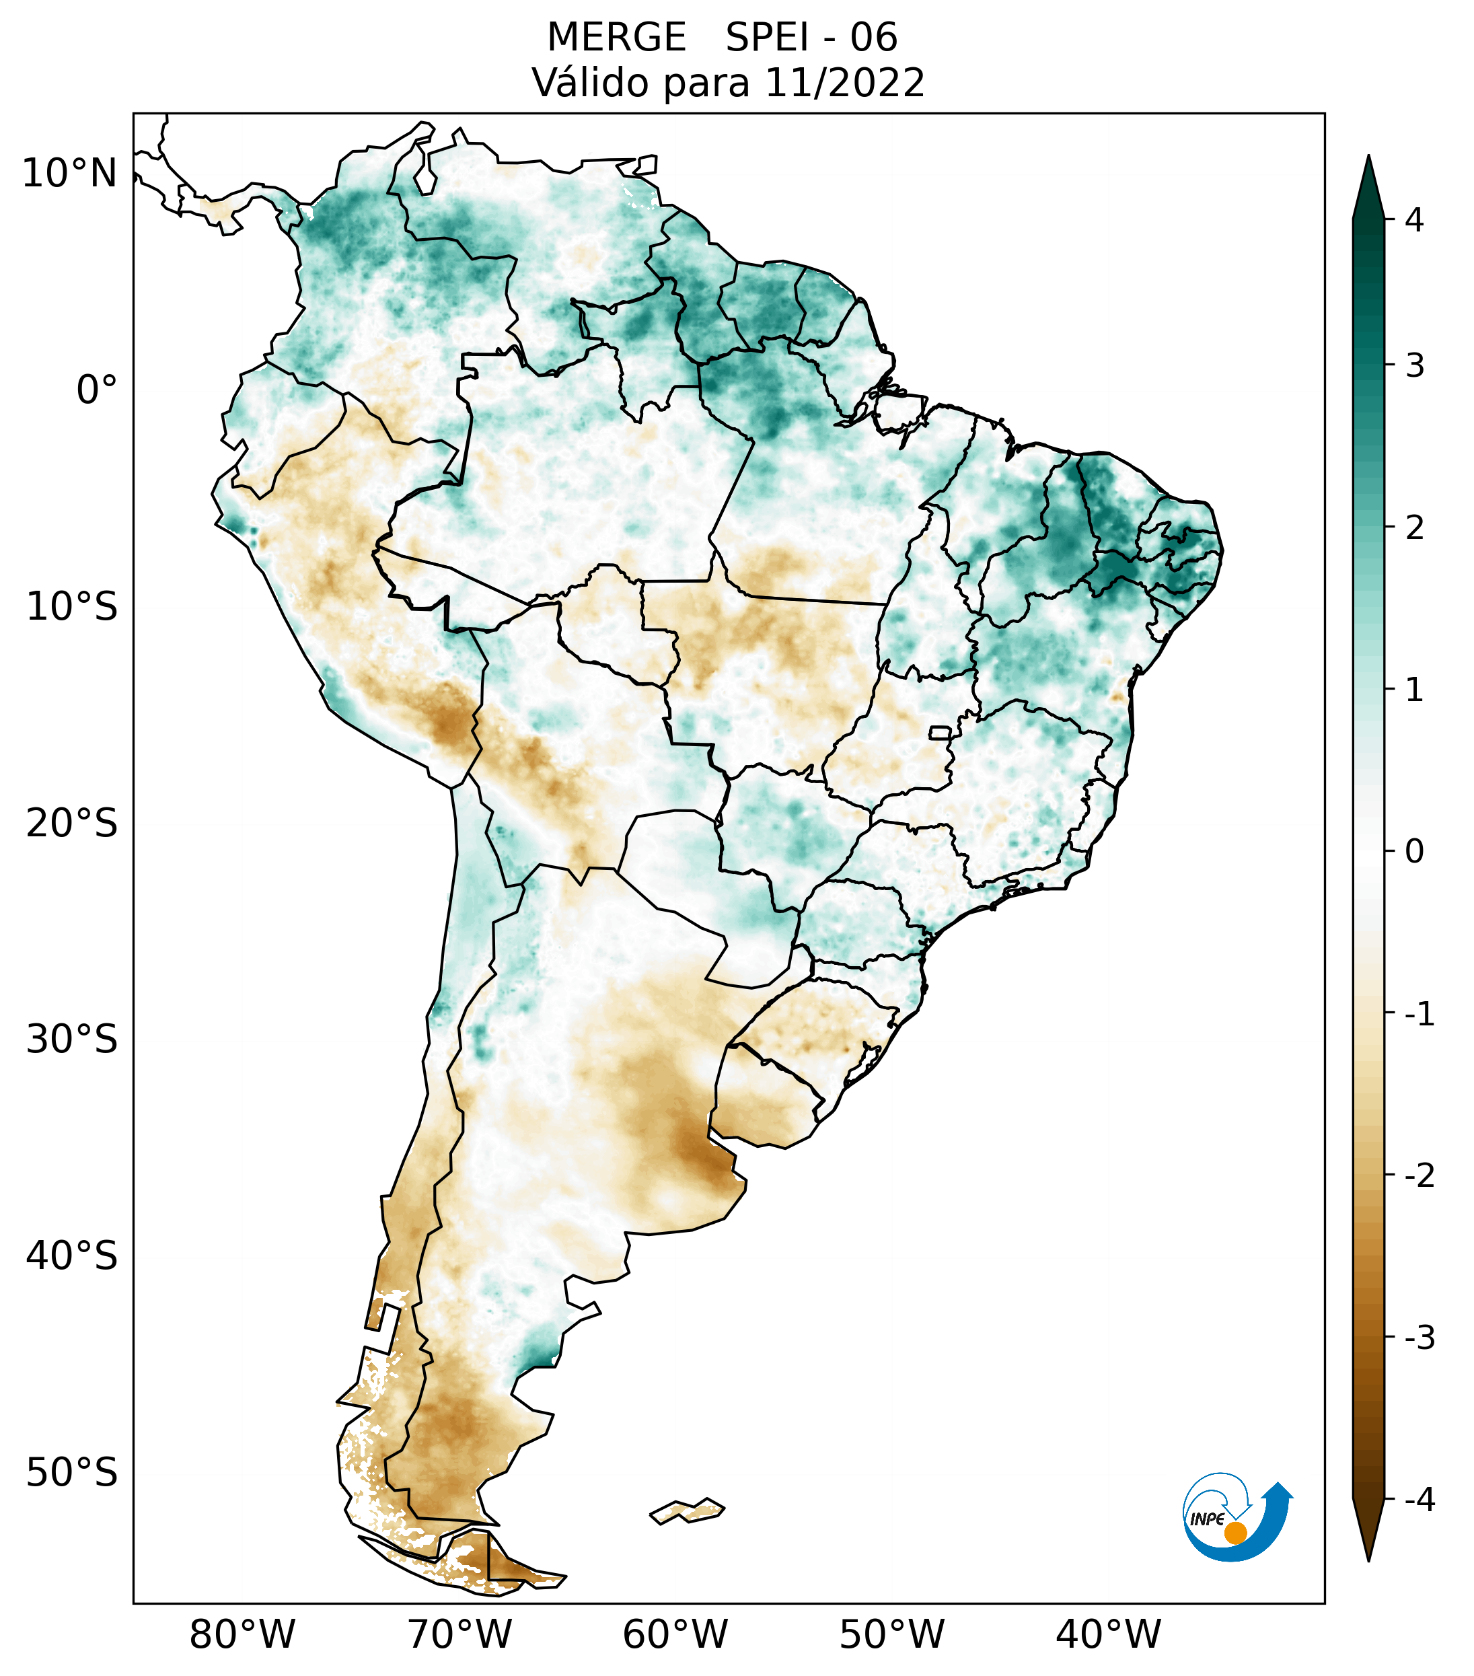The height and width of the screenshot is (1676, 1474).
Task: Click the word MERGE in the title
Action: pyautogui.click(x=616, y=38)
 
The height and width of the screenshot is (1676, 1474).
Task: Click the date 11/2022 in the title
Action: pyautogui.click(x=844, y=83)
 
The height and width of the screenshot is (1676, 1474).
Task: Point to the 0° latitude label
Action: pyautogui.click(x=97, y=390)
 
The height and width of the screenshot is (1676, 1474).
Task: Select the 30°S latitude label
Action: pyautogui.click(x=72, y=1039)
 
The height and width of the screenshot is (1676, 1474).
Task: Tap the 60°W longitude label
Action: pyautogui.click(x=675, y=1634)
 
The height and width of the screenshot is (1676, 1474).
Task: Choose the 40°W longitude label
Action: pyautogui.click(x=1109, y=1634)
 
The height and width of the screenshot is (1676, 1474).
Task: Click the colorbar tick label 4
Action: pyautogui.click(x=1414, y=220)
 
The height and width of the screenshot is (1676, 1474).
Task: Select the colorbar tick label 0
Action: pyautogui.click(x=1414, y=852)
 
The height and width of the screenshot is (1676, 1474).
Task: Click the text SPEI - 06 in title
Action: pyautogui.click(x=811, y=38)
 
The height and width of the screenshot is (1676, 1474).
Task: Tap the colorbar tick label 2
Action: pyautogui.click(x=1414, y=528)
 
